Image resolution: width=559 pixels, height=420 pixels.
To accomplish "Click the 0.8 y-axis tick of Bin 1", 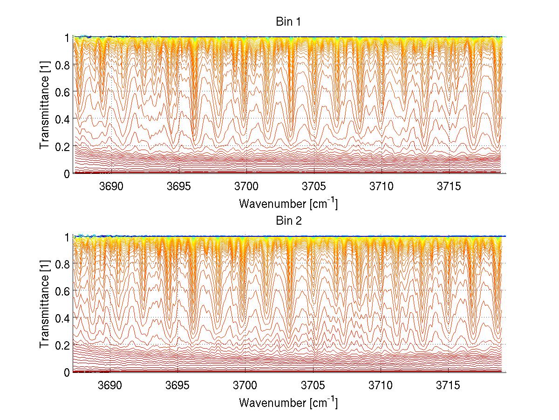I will (62, 65).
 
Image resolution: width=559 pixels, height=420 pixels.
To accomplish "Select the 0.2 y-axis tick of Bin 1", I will (62, 146).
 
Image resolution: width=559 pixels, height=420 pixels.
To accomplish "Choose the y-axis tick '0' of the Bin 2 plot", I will (67, 372).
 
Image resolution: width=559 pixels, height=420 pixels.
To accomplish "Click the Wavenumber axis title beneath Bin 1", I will (288, 203).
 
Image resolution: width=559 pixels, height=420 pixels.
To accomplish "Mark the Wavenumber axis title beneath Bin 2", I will (288, 402).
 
